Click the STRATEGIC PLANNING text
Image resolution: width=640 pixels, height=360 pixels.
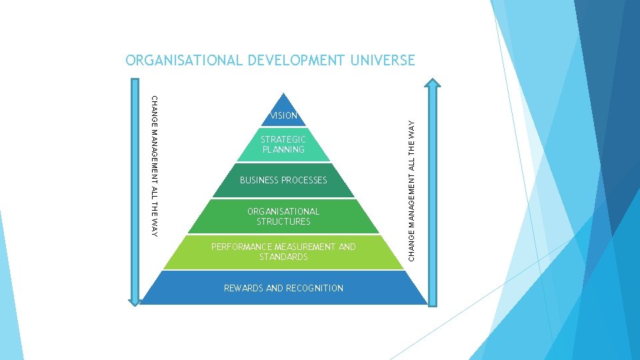283,145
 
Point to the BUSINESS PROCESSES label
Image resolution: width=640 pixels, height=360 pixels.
283,181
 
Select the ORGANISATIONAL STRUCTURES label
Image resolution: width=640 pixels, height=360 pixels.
283,217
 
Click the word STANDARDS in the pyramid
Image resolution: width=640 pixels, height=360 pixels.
283,257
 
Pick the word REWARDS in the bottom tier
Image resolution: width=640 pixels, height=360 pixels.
243,289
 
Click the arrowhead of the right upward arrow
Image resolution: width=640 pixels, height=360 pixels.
433,85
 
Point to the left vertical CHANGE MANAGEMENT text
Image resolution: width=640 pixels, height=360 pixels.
155,166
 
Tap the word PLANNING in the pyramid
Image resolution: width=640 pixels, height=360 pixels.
283,150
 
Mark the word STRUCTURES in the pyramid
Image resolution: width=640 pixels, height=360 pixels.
283,221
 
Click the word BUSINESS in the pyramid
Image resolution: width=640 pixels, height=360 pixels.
259,181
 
